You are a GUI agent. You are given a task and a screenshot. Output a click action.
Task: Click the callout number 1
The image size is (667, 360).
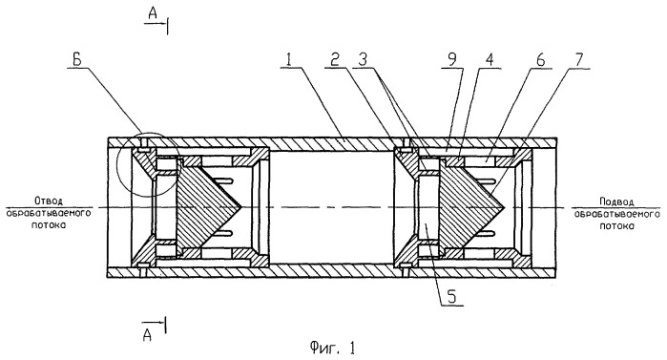click(290, 59)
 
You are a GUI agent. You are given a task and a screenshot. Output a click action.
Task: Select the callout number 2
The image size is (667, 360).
click(336, 59)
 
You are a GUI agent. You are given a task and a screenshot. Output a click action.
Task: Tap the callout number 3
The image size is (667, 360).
click(364, 59)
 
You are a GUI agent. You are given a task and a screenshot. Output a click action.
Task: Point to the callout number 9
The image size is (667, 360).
click(451, 59)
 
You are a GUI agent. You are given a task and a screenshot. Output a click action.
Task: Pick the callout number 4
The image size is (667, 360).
click(490, 59)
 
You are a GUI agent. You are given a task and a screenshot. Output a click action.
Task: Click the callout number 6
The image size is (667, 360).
click(540, 59)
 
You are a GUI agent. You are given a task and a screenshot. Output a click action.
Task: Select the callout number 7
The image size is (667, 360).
click(579, 59)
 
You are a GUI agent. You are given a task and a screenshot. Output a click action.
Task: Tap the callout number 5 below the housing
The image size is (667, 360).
click(451, 297)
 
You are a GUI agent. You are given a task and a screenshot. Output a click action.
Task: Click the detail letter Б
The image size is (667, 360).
click(77, 59)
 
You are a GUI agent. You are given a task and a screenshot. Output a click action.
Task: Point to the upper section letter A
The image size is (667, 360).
click(153, 14)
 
